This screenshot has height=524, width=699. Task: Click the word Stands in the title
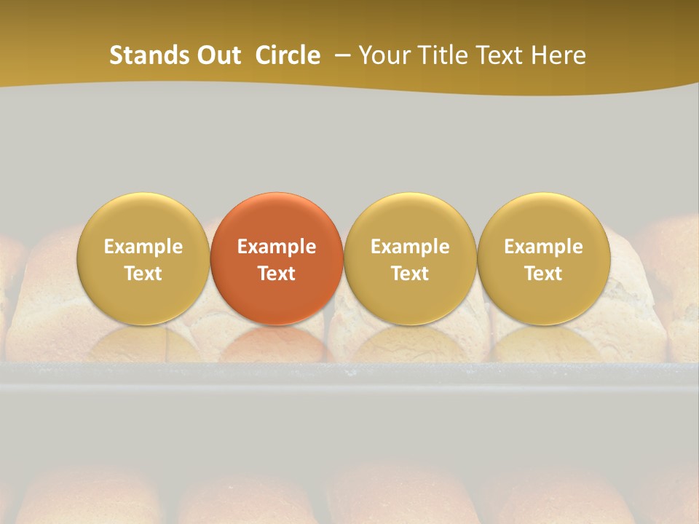[x=149, y=55]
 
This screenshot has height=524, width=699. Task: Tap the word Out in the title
[x=218, y=55]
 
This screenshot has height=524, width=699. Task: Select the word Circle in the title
[x=288, y=55]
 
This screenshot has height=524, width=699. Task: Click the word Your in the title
[x=384, y=55]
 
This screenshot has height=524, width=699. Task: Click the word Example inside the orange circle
[x=277, y=247]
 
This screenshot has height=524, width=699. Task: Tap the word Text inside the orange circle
[x=277, y=274]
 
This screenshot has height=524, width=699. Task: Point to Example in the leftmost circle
[x=143, y=247]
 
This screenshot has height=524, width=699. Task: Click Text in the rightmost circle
[x=544, y=274]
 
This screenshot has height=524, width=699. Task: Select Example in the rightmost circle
[x=544, y=247]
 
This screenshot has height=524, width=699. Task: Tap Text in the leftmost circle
[x=143, y=274]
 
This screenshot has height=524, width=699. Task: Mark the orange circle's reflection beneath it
[x=277, y=342]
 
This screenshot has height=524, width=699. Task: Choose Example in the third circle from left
[x=410, y=247]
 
